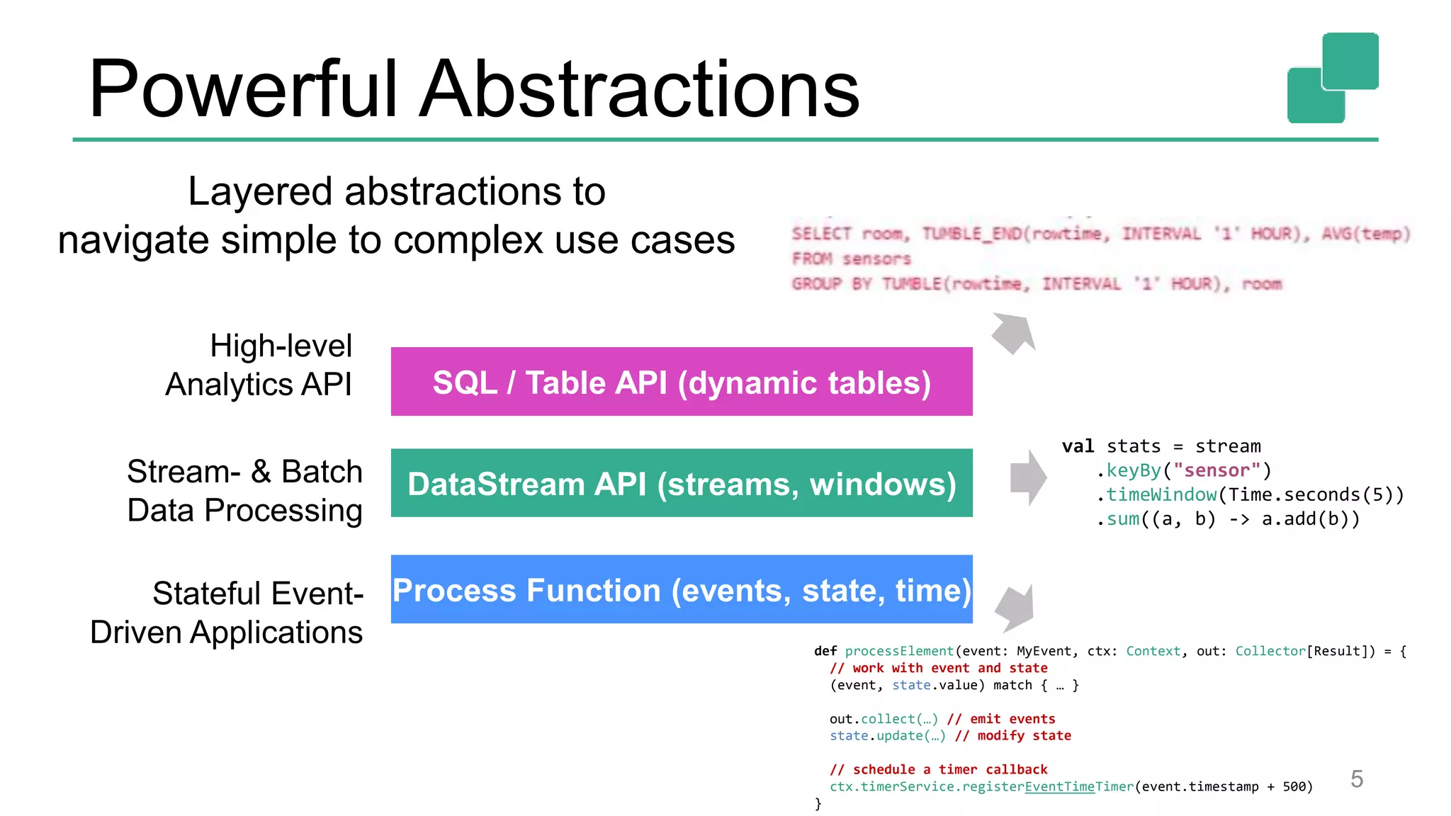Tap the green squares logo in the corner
pyautogui.click(x=1333, y=78)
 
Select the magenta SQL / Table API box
pyautogui.click(x=681, y=382)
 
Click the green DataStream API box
pyautogui.click(x=681, y=483)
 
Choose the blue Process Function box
pyautogui.click(x=681, y=589)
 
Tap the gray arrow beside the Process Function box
pyautogui.click(x=1015, y=608)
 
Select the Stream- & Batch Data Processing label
pyautogui.click(x=244, y=490)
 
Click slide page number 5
pyautogui.click(x=1357, y=778)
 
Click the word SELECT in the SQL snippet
pyautogui.click(x=821, y=234)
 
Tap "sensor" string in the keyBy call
pyautogui.click(x=1216, y=470)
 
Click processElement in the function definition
pyautogui.click(x=899, y=651)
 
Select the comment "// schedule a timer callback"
pyautogui.click(x=938, y=769)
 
